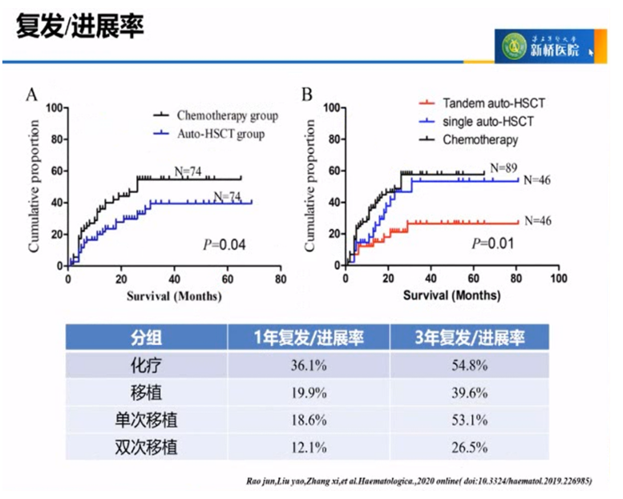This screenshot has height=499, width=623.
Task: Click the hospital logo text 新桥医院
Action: [x=555, y=50]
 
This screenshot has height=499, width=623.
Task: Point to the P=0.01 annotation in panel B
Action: [x=491, y=243]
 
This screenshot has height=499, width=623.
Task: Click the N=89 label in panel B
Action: [x=505, y=167]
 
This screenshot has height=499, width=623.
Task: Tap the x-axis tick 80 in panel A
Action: [x=280, y=280]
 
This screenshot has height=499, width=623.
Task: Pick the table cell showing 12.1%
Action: [x=308, y=446]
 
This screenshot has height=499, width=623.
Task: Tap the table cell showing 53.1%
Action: [x=470, y=419]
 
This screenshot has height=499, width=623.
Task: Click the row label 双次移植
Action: [x=145, y=446]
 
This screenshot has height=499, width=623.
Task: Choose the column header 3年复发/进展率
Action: [x=470, y=336]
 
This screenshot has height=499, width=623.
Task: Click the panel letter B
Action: [x=307, y=95]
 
